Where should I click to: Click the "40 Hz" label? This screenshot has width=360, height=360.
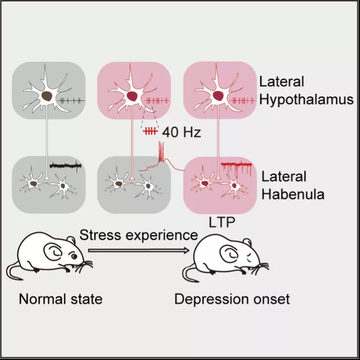pos(182,132)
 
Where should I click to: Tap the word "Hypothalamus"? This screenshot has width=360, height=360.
pos(306,100)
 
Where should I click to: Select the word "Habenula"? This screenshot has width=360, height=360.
pos(293,194)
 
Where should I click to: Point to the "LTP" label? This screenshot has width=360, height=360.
pos(222,222)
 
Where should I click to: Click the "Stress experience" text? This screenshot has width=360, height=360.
pos(139,235)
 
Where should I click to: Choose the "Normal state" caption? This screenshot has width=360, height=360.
pos(61,299)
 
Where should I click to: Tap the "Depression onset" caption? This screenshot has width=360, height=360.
pos(232,299)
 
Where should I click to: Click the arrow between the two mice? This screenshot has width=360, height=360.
pos(139,251)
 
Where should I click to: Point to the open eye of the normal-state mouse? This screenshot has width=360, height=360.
pos(74,256)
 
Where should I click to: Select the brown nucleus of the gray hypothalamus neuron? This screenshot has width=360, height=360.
pos(47,96)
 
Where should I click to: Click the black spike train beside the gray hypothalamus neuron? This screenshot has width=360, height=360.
pos(71,100)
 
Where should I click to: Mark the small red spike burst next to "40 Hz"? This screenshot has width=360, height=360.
pos(151,132)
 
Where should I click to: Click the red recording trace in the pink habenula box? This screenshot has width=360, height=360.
pos(236,169)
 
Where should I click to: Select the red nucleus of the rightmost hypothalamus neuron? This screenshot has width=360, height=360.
pos(218,96)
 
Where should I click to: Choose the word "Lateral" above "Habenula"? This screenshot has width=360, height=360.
pos(284,177)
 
